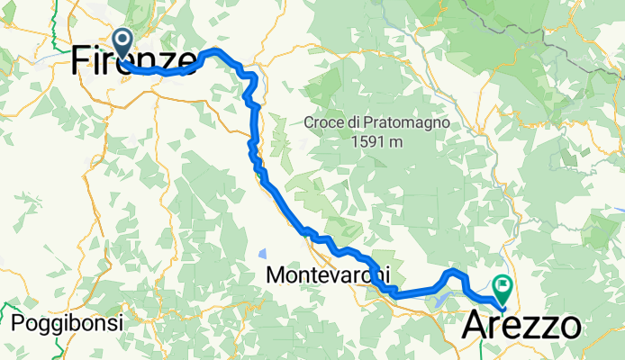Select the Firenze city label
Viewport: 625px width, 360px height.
coord(135,60)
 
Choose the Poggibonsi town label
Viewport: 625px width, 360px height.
coord(56,322)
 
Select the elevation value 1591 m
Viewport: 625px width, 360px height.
coord(376,142)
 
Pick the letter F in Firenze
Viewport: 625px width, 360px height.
coord(80,60)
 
